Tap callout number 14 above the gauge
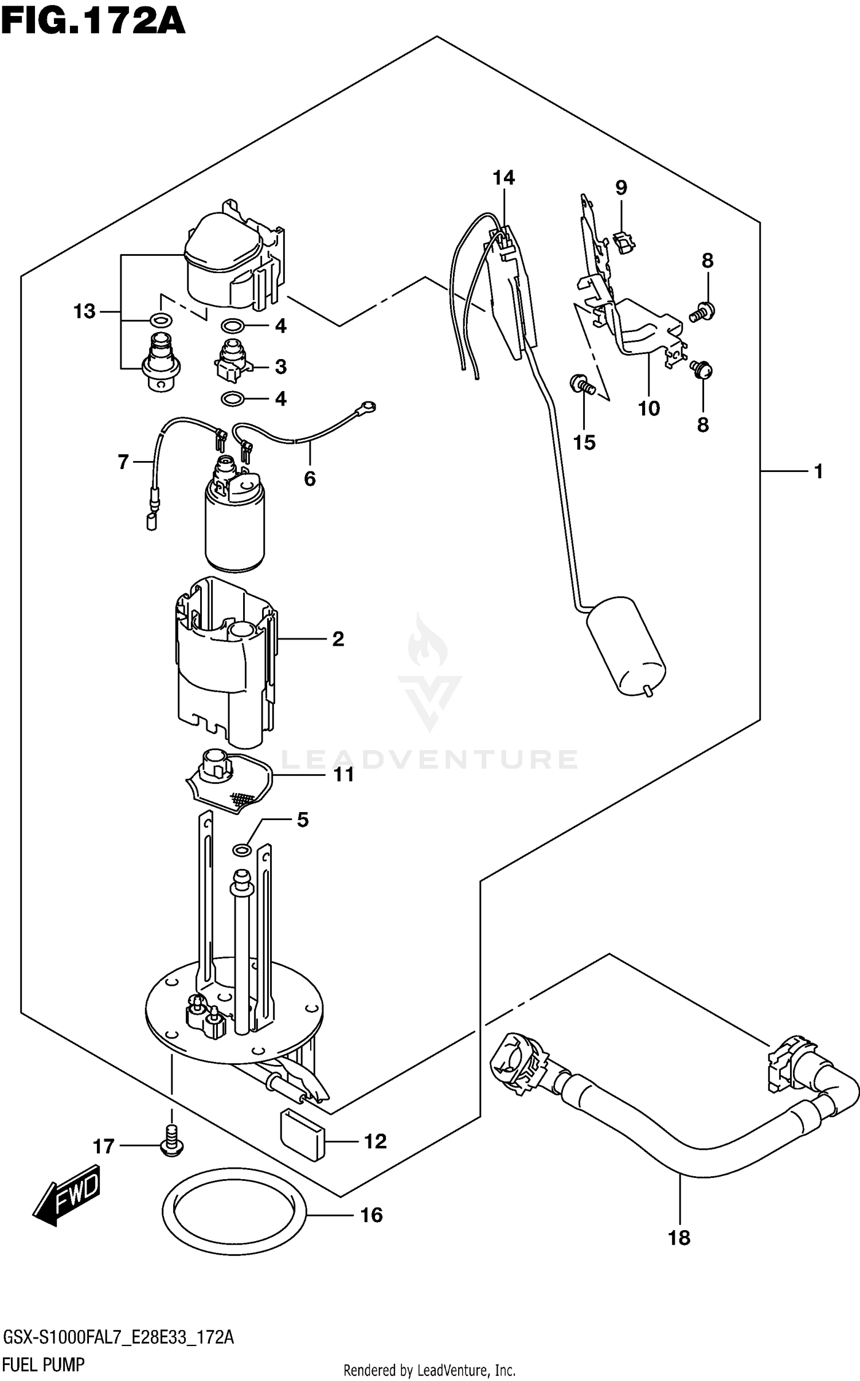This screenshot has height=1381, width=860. [503, 178]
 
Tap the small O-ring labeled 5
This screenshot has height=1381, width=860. [242, 849]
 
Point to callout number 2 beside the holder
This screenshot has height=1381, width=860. [338, 639]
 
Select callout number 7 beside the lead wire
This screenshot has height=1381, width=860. [123, 462]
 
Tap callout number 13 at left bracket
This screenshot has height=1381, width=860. [84, 312]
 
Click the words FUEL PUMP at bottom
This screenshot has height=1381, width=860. [44, 1364]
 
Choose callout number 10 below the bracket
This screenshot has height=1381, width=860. [648, 408]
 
